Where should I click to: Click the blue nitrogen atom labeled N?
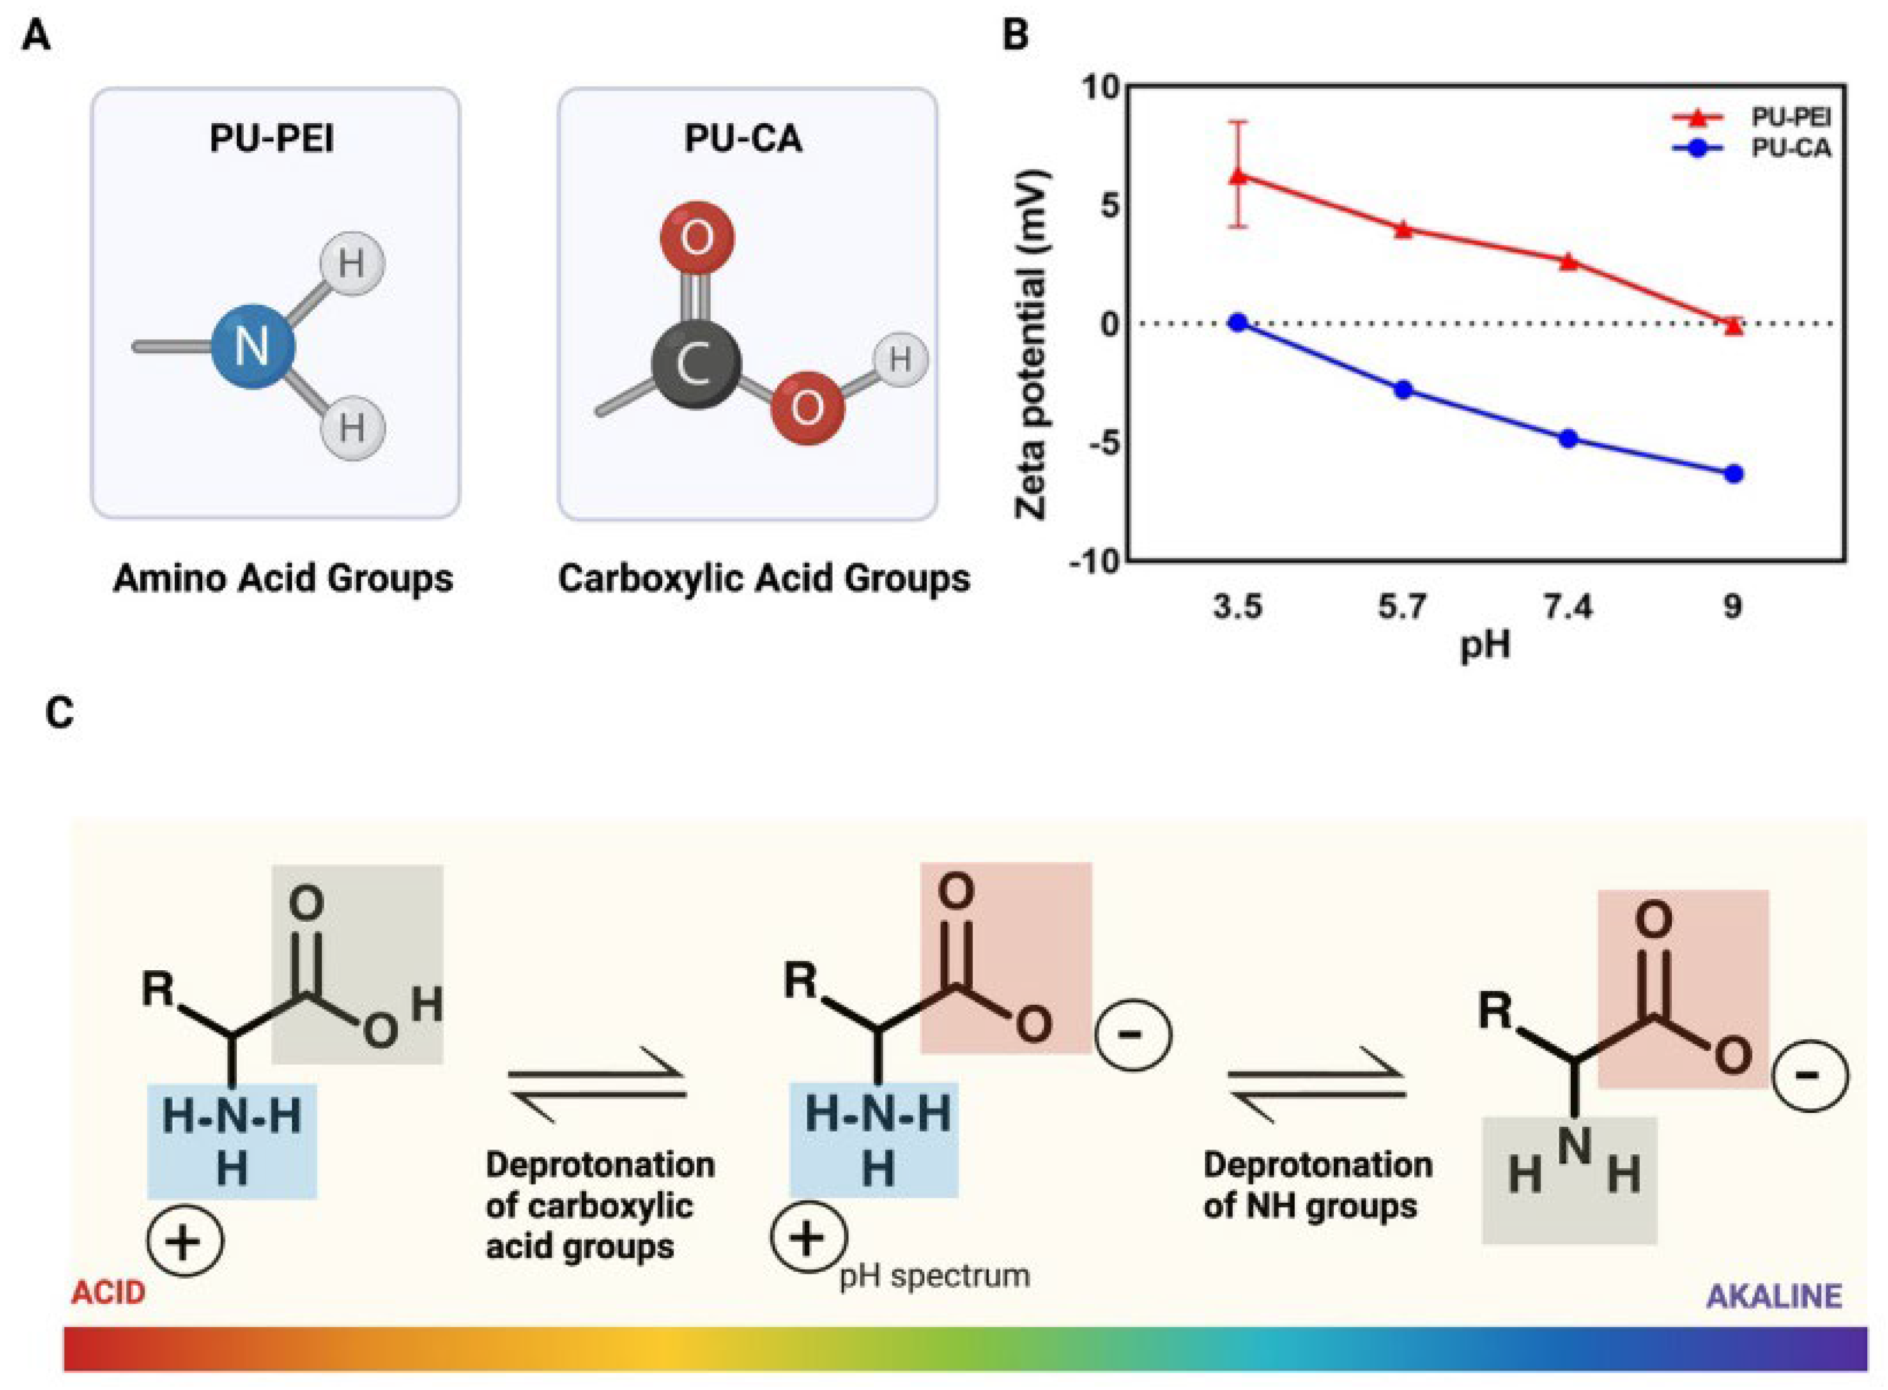(253, 346)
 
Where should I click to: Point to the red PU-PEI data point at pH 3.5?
(1238, 176)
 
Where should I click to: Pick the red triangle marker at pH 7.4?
(1568, 261)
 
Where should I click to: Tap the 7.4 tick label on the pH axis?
(1568, 606)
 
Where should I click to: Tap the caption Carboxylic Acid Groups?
(764, 579)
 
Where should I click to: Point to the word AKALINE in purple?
(1774, 1296)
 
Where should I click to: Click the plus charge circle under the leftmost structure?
(185, 1242)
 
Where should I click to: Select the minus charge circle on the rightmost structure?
(1809, 1075)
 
